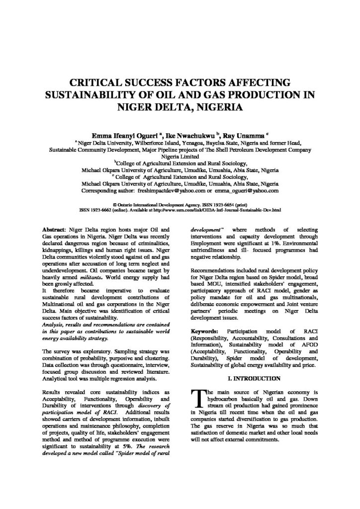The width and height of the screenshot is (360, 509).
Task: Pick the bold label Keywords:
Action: click(204, 331)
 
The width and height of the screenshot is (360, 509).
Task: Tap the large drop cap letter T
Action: click(197, 386)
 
